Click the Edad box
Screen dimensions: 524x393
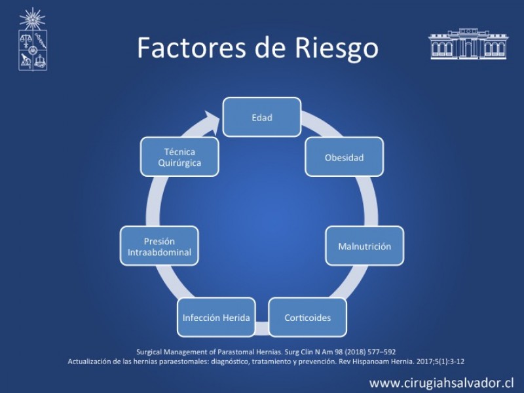261,117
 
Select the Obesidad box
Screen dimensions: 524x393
345,157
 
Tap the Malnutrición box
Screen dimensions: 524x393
365,246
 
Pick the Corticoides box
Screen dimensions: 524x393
307,317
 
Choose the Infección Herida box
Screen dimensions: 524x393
216,317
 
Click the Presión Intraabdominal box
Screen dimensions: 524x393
159,246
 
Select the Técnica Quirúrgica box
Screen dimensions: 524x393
179,157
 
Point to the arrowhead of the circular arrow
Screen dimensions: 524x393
211,122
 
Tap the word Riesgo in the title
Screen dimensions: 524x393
337,48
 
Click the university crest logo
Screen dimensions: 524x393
32,39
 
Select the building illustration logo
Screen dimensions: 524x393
468,44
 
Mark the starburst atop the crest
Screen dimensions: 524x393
32,19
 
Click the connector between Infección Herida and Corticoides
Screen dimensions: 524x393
262,328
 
